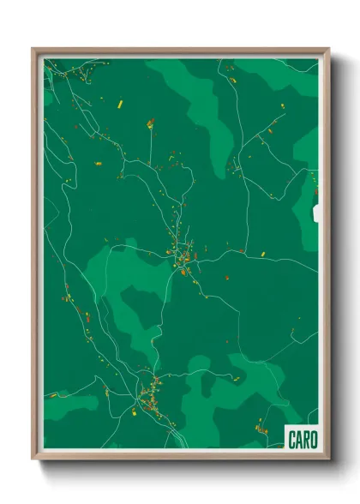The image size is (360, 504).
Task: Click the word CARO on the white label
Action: coord(301,440)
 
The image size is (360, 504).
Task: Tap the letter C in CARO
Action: coord(291,440)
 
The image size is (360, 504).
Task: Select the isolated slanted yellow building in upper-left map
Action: coord(121,105)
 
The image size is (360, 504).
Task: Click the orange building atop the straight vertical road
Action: coord(150,123)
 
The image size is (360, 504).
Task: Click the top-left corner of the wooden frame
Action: coord(33,50)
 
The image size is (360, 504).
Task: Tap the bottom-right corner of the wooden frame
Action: coord(328,458)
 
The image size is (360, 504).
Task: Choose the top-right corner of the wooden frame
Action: coord(328,50)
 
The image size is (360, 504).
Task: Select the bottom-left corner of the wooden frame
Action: coord(33,458)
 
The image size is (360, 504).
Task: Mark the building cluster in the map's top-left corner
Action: coord(72,75)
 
